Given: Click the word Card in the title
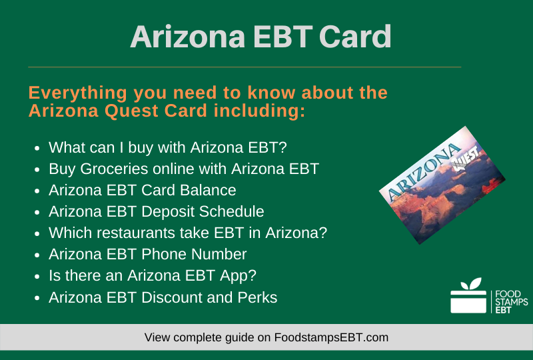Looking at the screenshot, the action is pyautogui.click(x=355, y=37).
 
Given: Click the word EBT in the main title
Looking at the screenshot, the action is pyautogui.click(x=282, y=37).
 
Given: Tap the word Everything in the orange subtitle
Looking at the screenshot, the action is pyautogui.click(x=78, y=93).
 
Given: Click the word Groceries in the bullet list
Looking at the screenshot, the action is pyautogui.click(x=114, y=169).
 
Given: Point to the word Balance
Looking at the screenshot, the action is pyautogui.click(x=208, y=190).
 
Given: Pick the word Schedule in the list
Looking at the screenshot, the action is pyautogui.click(x=231, y=211).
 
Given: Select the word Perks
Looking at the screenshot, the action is pyautogui.click(x=257, y=297).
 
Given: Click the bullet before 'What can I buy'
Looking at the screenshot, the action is pyautogui.click(x=37, y=149).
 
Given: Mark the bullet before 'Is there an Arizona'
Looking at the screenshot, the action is pyautogui.click(x=37, y=277).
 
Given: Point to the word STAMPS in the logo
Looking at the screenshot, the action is pyautogui.click(x=511, y=302).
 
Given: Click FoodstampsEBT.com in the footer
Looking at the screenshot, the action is pyautogui.click(x=331, y=337).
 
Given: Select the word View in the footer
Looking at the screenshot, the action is pyautogui.click(x=157, y=337).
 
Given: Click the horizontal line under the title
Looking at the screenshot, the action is pyautogui.click(x=245, y=67).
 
